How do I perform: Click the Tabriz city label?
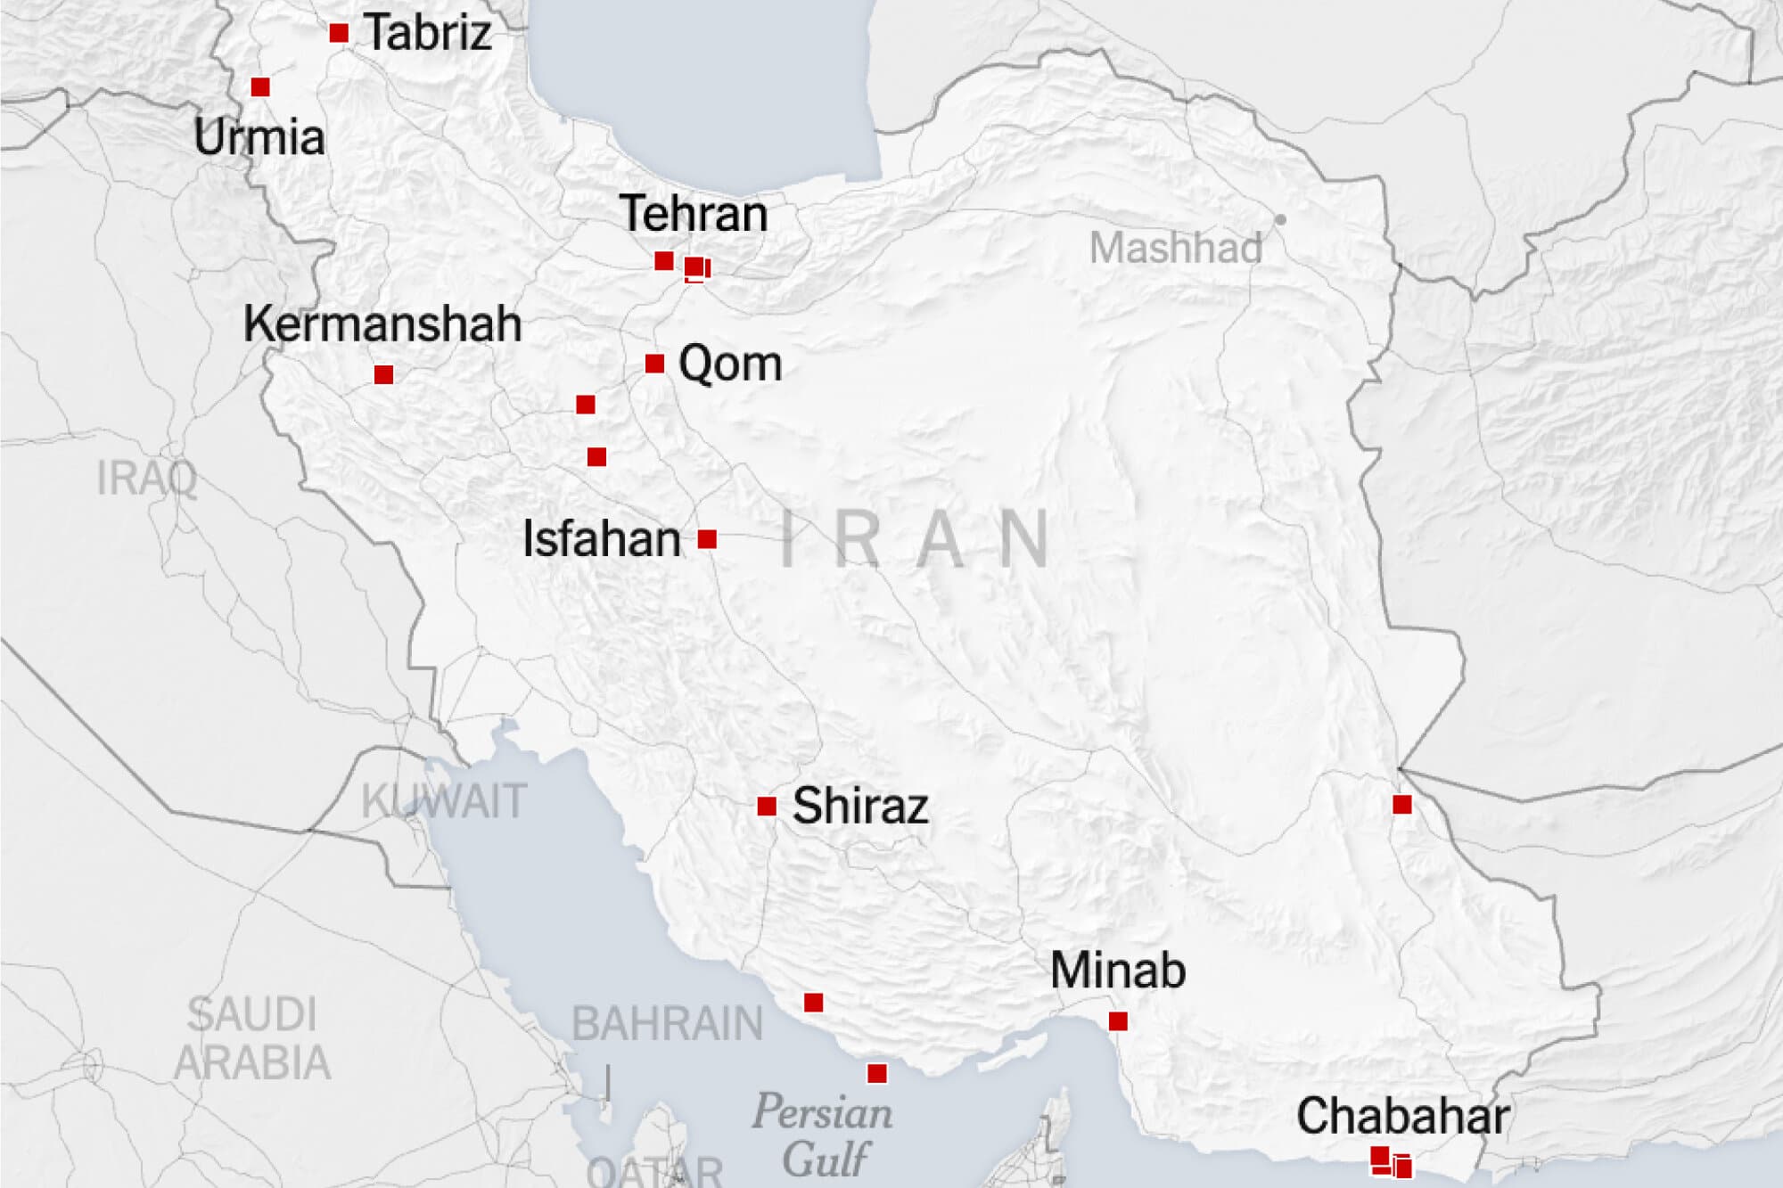(428, 34)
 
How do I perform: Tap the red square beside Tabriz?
(339, 33)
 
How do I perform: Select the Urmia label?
(259, 137)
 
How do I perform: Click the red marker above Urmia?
(260, 87)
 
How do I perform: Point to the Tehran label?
(694, 214)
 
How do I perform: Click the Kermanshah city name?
(382, 324)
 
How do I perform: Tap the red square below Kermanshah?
(384, 374)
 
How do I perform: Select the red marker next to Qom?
(654, 364)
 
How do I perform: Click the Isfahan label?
(602, 539)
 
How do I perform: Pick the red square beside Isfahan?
(707, 539)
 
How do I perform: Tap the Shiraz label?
(860, 806)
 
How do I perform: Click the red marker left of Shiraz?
(767, 807)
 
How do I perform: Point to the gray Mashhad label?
(1176, 248)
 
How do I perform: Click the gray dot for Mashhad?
(1280, 219)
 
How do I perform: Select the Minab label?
(1118, 971)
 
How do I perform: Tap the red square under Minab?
(1118, 1021)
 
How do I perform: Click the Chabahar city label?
(1402, 1116)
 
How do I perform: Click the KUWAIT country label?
(444, 801)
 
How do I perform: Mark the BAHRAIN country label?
(667, 1023)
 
